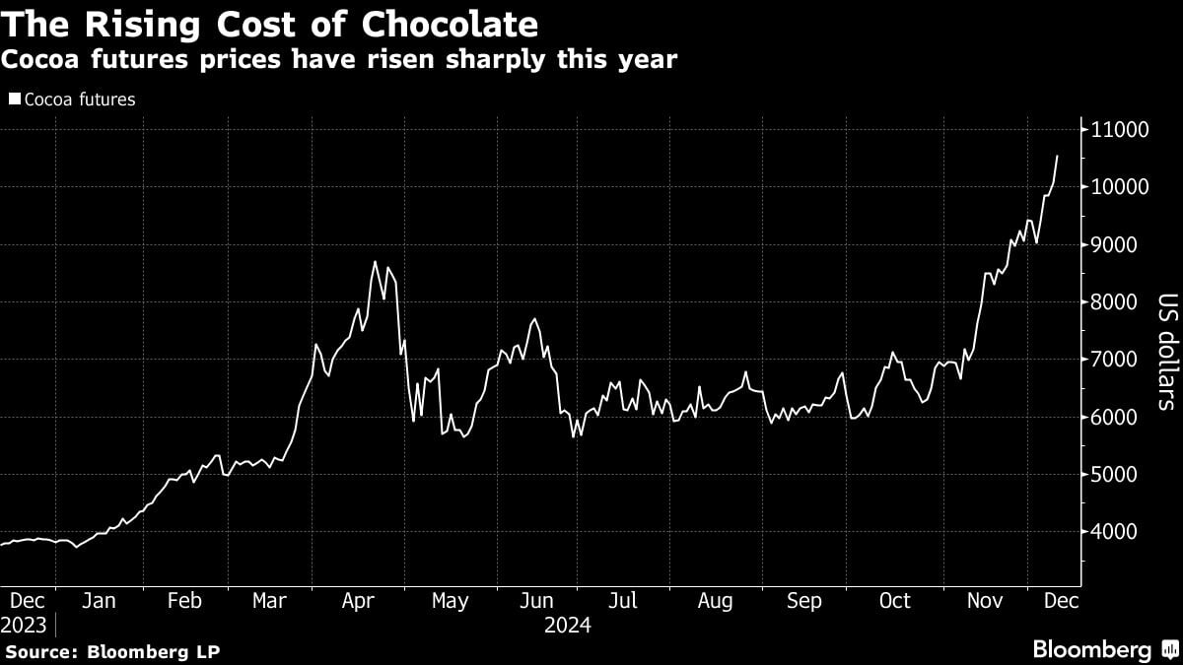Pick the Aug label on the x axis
pos(715,601)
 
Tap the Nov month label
pos(984,601)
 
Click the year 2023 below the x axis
pos(25,625)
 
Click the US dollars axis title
pos(1166,351)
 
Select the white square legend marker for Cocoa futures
pos(14,100)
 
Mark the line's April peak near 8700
pos(375,261)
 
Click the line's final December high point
pos(1058,156)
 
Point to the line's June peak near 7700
pos(534,319)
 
